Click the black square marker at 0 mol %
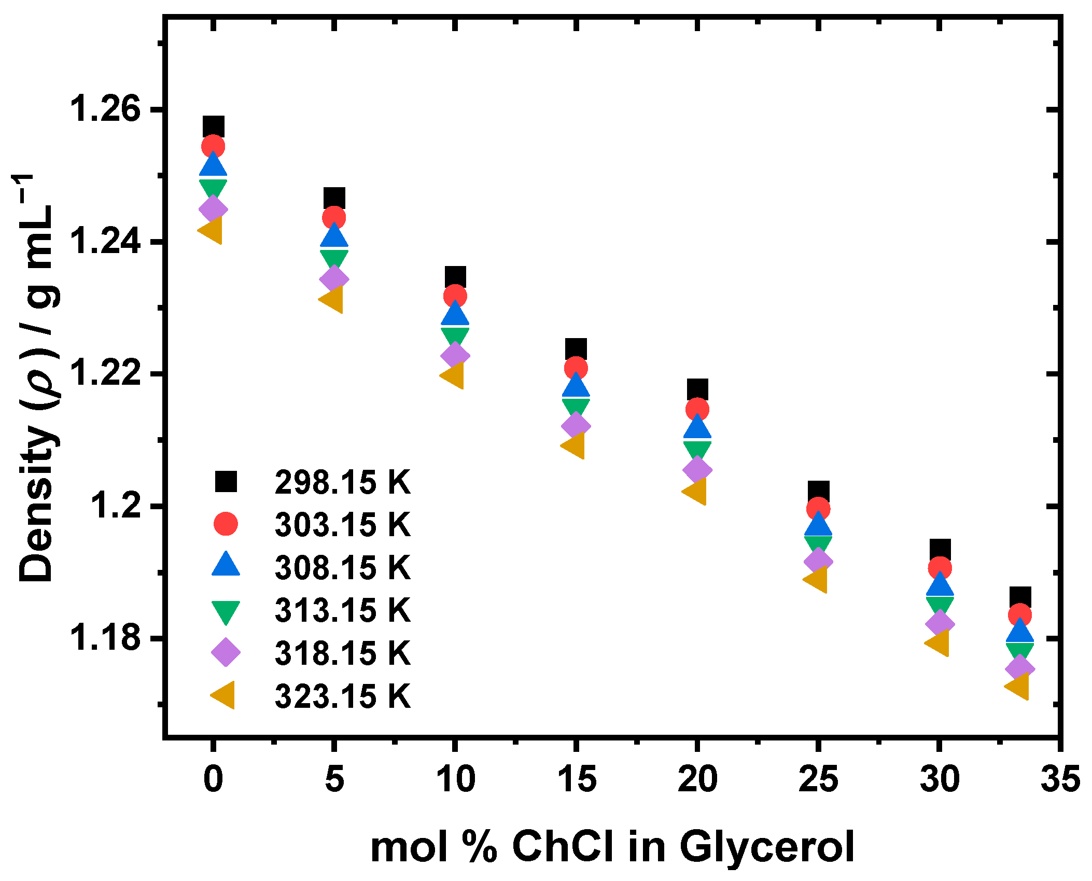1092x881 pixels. pyautogui.click(x=213, y=127)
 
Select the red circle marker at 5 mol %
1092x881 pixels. pyautogui.click(x=334, y=217)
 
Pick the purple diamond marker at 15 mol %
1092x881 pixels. pyautogui.click(x=576, y=426)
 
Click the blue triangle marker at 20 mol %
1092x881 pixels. pyautogui.click(x=697, y=428)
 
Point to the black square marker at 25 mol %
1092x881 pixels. pyautogui.click(x=818, y=491)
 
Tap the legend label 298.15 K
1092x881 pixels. pyautogui.click(x=342, y=482)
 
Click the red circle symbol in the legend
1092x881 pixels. pyautogui.click(x=226, y=524)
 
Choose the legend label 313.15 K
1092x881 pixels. pyautogui.click(x=342, y=610)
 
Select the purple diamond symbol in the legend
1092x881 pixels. pyautogui.click(x=226, y=652)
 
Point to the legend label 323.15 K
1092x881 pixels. pyautogui.click(x=342, y=695)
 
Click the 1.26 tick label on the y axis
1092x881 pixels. pyautogui.click(x=105, y=109)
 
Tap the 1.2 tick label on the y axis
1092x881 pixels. pyautogui.click(x=115, y=506)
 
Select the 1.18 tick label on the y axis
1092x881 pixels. pyautogui.click(x=105, y=638)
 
